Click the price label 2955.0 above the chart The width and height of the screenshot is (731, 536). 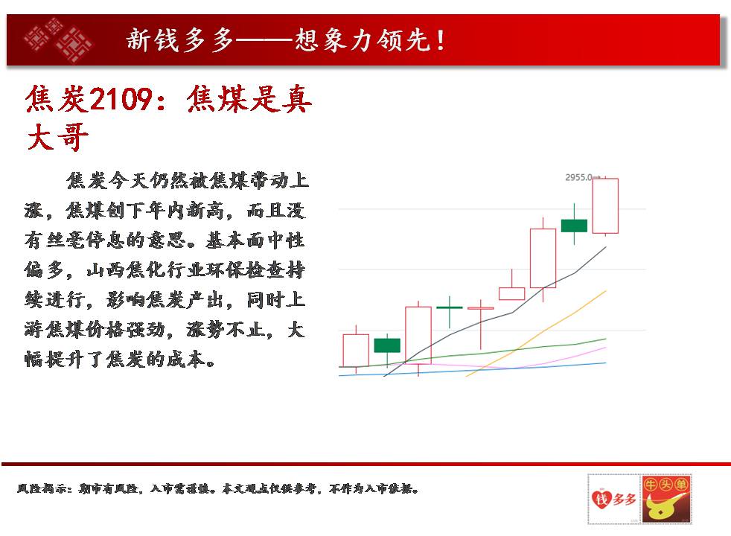tap(578, 177)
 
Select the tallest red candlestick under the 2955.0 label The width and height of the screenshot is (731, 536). tap(605, 205)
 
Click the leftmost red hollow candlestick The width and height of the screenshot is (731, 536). tap(356, 350)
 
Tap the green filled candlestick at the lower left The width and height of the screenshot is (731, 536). tap(387, 345)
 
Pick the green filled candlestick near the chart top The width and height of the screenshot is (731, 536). tap(574, 226)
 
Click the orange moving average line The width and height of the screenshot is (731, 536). tap(536, 334)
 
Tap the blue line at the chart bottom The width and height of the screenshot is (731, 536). tap(472, 369)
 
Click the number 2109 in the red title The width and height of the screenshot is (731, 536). tap(121, 99)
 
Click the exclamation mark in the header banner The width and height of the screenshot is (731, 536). tap(440, 40)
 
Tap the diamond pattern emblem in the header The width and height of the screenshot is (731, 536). tap(58, 39)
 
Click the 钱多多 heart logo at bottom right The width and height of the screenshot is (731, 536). tap(613, 499)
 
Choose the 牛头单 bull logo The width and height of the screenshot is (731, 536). tap(666, 499)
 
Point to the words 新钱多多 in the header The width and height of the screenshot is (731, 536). tap(180, 39)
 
